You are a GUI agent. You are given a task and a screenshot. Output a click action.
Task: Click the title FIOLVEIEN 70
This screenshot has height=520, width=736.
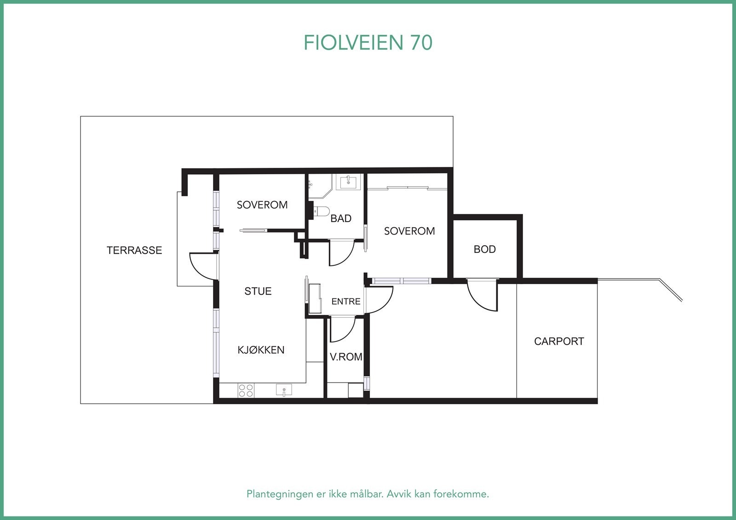point(368,43)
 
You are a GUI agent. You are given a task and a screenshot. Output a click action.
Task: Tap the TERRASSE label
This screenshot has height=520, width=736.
point(134,250)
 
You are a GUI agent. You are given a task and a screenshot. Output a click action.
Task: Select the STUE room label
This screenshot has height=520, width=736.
point(258,291)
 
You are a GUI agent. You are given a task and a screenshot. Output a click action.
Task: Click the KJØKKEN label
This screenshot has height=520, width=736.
point(261,350)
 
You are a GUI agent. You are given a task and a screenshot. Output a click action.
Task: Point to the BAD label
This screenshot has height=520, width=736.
point(341,218)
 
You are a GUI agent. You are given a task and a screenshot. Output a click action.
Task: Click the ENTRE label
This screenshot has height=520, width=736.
point(346,302)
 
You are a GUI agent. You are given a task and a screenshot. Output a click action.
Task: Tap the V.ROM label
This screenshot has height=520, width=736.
point(346,357)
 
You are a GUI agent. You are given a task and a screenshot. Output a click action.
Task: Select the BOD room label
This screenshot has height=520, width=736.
point(485,249)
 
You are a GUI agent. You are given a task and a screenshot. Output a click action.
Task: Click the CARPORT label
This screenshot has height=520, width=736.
point(559,341)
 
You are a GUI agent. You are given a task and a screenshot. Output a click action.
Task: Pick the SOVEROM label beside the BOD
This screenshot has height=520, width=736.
point(409,231)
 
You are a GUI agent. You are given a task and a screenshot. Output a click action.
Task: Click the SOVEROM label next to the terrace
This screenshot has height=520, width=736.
point(262,205)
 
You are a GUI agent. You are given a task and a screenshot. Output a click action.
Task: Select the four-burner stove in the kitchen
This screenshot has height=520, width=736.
point(246,390)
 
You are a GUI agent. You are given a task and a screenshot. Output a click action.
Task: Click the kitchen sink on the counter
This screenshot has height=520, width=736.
point(284,390)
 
